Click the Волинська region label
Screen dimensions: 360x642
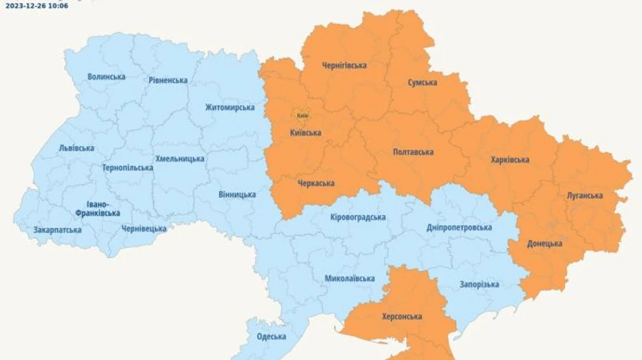106,76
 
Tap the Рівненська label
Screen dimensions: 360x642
168,80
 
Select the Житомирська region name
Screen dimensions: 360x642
230,107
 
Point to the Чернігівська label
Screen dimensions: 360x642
344,65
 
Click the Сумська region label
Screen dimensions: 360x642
422,82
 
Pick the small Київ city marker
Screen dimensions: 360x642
302,115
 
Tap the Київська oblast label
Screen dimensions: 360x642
305,133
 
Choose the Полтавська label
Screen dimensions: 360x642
413,152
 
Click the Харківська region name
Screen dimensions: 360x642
509,160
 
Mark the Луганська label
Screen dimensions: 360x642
584,195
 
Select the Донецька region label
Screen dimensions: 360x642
544,243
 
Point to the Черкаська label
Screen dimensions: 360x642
315,183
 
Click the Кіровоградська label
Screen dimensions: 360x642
358,217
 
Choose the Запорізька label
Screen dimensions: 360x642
479,284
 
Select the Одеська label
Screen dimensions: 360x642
271,336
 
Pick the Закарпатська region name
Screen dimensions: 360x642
57,230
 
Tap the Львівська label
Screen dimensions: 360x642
76,148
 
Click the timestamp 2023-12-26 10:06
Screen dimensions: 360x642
37,5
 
